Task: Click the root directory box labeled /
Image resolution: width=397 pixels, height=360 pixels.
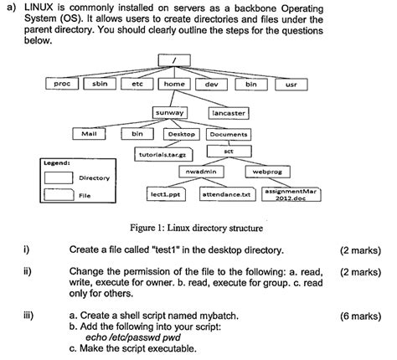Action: pyautogui.click(x=174, y=61)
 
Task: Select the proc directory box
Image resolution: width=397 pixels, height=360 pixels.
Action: pyautogui.click(x=60, y=85)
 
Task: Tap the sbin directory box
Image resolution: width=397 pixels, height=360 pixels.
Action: pyautogui.click(x=100, y=85)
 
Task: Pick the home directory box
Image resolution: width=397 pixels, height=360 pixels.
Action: pyautogui.click(x=174, y=85)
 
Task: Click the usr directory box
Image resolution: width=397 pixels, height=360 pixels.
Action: pyautogui.click(x=291, y=85)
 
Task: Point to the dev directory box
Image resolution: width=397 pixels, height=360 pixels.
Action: pyautogui.click(x=211, y=85)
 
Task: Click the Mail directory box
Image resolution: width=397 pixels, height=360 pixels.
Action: pyautogui.click(x=88, y=133)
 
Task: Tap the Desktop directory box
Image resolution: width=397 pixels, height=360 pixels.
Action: pyautogui.click(x=181, y=133)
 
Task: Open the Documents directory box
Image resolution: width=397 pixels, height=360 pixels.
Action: pyautogui.click(x=228, y=133)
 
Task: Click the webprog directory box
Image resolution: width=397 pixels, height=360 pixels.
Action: pyautogui.click(x=268, y=172)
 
